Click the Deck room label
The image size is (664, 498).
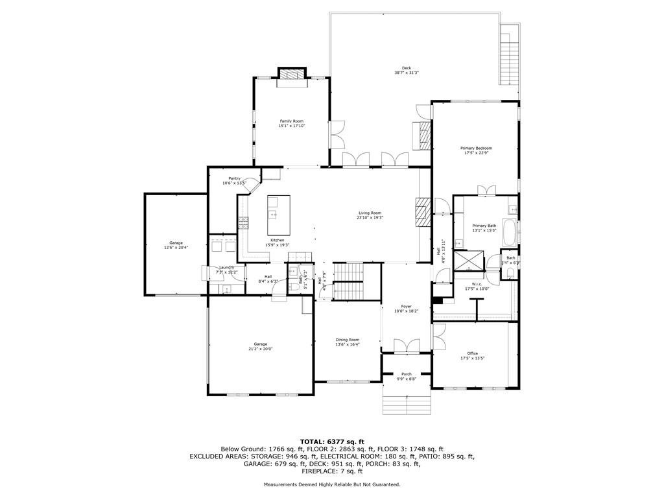[406, 68]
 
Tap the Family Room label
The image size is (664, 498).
[291, 121]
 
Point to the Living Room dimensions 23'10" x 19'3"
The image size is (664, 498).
[370, 218]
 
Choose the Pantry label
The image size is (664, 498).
[234, 178]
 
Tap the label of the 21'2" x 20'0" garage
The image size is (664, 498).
[260, 344]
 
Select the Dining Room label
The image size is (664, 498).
[347, 340]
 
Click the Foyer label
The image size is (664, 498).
[406, 307]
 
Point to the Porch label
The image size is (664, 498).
[407, 374]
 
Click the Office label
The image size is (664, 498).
[473, 353]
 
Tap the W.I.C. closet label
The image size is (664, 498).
[477, 283]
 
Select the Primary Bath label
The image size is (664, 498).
[484, 226]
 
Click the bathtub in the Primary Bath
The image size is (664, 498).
[509, 233]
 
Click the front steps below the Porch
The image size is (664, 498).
[406, 404]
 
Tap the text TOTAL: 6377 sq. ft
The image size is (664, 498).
[331, 442]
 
